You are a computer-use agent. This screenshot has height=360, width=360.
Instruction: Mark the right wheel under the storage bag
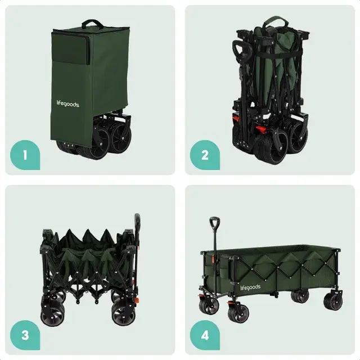click(120, 139)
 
